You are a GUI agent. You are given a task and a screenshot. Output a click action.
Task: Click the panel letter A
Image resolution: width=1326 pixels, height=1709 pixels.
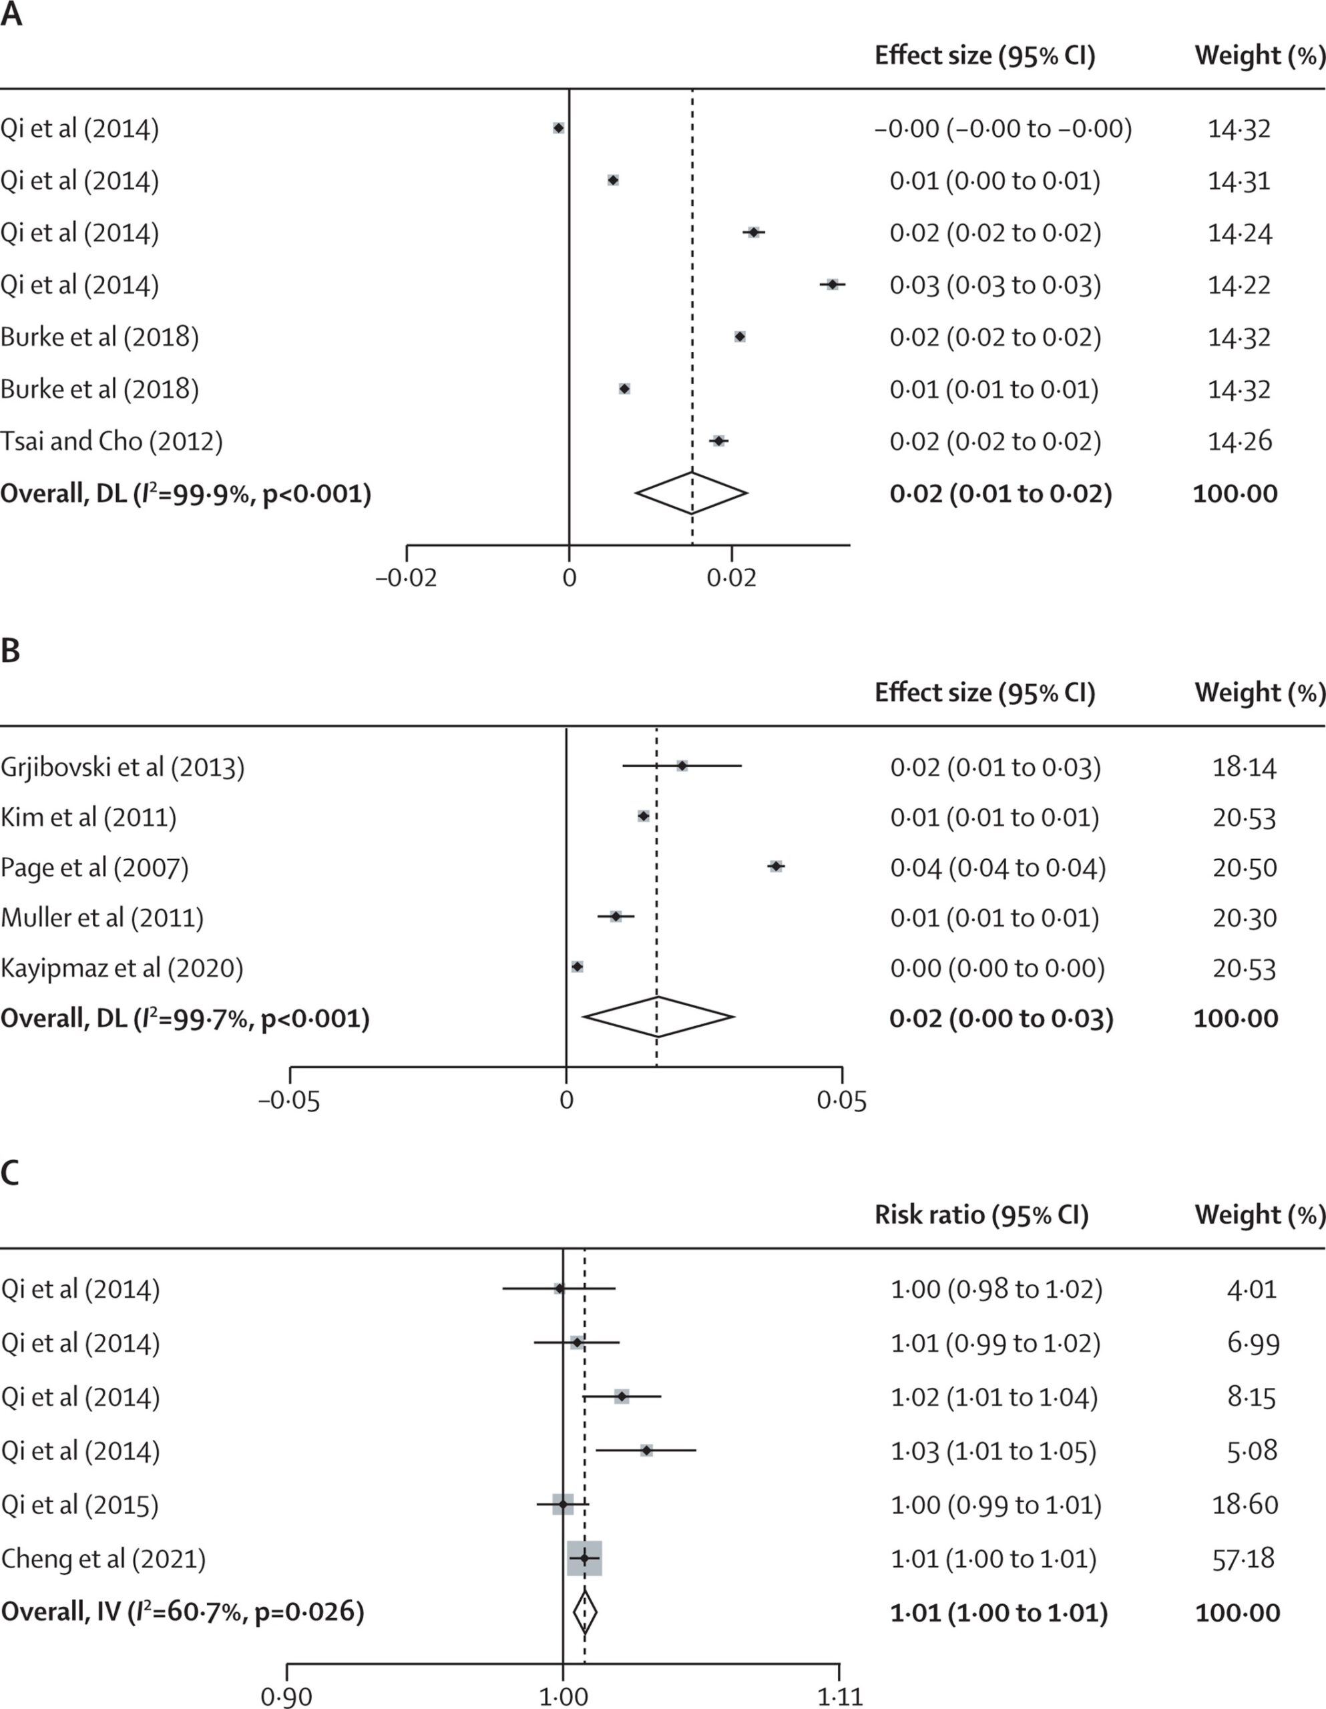tap(11, 15)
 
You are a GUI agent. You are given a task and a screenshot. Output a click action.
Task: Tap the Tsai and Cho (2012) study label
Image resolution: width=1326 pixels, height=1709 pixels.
tap(111, 441)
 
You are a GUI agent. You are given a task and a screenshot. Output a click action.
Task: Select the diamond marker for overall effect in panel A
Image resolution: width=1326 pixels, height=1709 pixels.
tap(692, 493)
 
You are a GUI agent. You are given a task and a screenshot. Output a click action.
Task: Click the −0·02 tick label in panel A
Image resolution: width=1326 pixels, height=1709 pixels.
tap(406, 578)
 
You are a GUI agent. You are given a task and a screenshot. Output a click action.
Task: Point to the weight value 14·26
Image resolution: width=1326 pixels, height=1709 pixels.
tap(1240, 441)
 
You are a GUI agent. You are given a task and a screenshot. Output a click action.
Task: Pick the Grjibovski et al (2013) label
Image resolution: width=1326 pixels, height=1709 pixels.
tap(122, 767)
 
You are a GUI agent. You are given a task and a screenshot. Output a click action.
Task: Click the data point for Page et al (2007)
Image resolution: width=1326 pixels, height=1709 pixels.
tap(776, 867)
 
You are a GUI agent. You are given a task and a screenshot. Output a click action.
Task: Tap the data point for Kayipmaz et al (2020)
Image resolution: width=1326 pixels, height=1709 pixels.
tap(578, 967)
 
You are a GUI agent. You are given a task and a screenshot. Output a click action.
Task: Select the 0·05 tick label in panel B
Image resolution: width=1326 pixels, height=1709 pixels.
tap(841, 1101)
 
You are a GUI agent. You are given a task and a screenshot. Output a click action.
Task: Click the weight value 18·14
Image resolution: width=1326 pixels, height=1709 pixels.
tap(1244, 767)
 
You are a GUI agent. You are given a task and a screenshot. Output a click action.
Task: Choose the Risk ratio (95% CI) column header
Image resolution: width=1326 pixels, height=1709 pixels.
tap(981, 1214)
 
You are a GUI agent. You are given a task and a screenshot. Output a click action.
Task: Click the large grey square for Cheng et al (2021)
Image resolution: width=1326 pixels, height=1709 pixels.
tap(584, 1558)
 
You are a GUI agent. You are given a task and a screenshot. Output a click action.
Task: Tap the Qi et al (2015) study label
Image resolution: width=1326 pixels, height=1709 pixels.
tap(80, 1504)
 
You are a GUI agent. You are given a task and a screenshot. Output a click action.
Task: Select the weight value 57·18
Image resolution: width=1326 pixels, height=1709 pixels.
tap(1243, 1558)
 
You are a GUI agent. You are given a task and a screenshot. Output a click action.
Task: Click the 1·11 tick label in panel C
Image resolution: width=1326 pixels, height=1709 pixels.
tap(840, 1696)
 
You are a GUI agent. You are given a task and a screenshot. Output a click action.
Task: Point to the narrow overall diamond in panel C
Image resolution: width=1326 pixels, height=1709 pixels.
tap(585, 1612)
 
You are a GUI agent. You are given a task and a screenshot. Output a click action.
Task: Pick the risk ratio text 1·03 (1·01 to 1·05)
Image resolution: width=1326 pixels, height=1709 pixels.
tap(993, 1451)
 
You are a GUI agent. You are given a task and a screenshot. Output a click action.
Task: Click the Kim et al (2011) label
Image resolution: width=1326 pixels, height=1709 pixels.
tap(88, 817)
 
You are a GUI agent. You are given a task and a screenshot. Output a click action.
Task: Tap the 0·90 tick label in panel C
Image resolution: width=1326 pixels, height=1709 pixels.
tap(286, 1696)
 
